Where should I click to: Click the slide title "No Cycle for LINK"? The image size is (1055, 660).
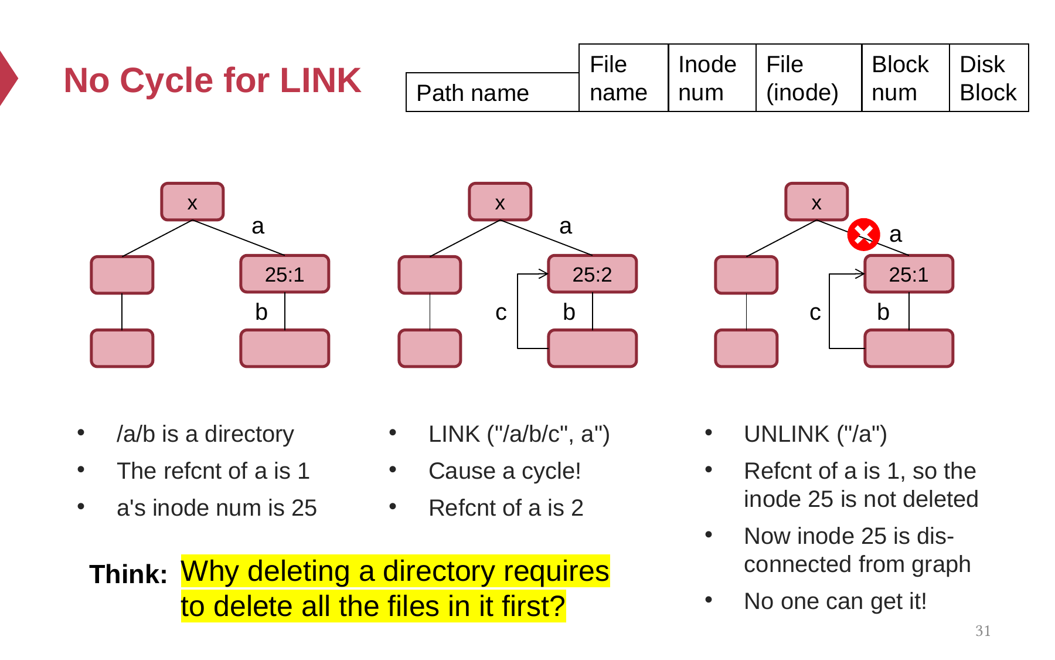coord(212,80)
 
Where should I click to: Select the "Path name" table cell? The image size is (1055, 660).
coord(492,92)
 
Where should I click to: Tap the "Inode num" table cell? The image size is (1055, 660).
coord(712,77)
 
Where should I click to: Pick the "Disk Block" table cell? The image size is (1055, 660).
coord(989,77)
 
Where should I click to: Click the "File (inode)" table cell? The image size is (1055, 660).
coord(809,77)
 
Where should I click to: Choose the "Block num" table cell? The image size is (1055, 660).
coord(906,77)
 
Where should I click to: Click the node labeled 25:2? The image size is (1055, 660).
coord(592,274)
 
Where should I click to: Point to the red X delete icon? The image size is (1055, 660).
coord(863,235)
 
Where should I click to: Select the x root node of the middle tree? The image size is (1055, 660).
coord(500,202)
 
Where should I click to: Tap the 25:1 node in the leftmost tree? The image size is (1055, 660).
coord(284,274)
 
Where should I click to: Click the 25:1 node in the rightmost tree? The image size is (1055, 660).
coord(908,274)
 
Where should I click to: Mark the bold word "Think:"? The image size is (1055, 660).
coord(128,574)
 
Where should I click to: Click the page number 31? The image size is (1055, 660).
coord(983,631)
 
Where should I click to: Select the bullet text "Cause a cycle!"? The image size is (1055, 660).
coord(505,471)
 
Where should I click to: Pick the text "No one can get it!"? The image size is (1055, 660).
coord(835,601)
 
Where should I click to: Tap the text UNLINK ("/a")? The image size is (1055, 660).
coord(815,434)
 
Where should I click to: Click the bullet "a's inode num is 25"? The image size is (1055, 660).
coord(216,507)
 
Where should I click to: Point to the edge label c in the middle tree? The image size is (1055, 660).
coord(501,312)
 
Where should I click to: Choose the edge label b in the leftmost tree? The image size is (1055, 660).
coord(261,312)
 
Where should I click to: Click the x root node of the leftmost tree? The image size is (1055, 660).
coord(192,202)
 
